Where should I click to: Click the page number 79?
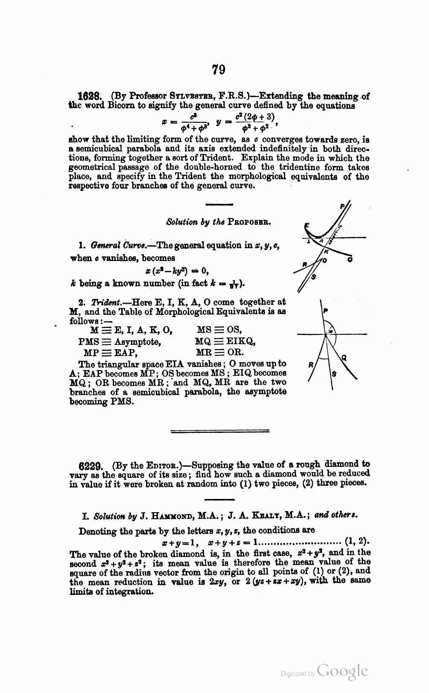tap(218, 70)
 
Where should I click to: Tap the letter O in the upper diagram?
tap(325, 261)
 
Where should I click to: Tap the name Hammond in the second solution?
tap(166, 515)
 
